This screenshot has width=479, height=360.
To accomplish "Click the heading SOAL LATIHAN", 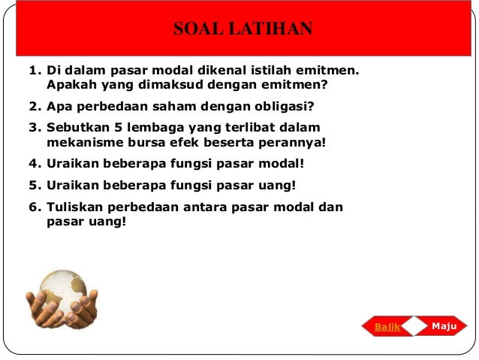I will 242,30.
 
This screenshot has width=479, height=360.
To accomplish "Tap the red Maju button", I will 445,326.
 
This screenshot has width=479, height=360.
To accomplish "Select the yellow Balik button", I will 387,327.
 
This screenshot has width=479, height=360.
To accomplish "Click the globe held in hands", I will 62,292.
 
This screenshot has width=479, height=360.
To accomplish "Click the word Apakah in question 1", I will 71,85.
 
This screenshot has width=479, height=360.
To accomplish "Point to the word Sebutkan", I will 78,127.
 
